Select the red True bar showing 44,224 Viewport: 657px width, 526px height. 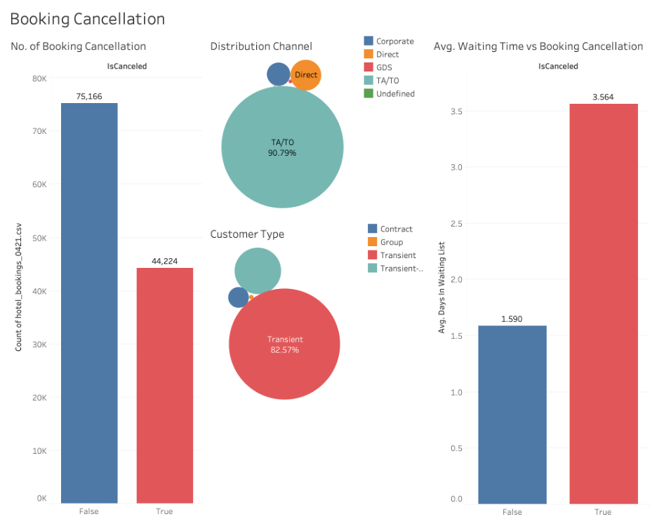[164, 385]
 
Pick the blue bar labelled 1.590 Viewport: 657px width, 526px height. [512, 414]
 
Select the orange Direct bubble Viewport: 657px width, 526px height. [306, 75]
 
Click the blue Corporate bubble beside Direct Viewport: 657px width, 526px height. [278, 74]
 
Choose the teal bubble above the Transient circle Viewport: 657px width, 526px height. [258, 271]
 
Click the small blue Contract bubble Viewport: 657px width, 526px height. [238, 297]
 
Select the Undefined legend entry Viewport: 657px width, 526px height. [394, 93]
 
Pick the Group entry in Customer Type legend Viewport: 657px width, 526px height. [391, 242]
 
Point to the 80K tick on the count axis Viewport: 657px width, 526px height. [39, 79]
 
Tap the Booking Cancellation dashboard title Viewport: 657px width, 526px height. [87, 19]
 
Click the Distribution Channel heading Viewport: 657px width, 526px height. [261, 46]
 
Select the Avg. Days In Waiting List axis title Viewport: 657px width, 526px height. [442, 287]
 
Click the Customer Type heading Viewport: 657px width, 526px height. [247, 234]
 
